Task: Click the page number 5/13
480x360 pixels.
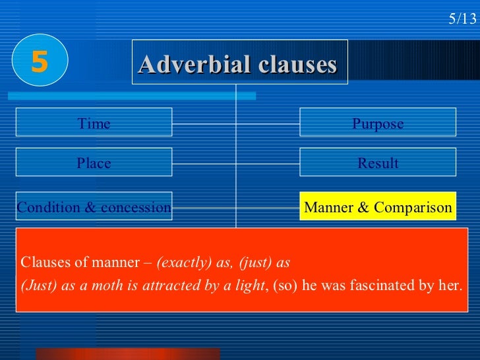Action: click(462, 18)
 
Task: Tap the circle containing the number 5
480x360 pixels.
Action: click(39, 63)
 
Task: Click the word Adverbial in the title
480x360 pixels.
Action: click(187, 65)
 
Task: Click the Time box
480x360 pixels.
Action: click(94, 123)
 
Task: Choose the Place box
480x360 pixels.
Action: click(94, 163)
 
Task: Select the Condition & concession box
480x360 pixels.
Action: click(94, 207)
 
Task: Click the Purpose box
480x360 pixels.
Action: click(377, 123)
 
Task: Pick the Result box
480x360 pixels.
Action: click(377, 163)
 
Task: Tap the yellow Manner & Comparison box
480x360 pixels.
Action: click(377, 208)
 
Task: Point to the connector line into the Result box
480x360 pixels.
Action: click(268, 163)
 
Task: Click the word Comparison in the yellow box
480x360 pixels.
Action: click(413, 208)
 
